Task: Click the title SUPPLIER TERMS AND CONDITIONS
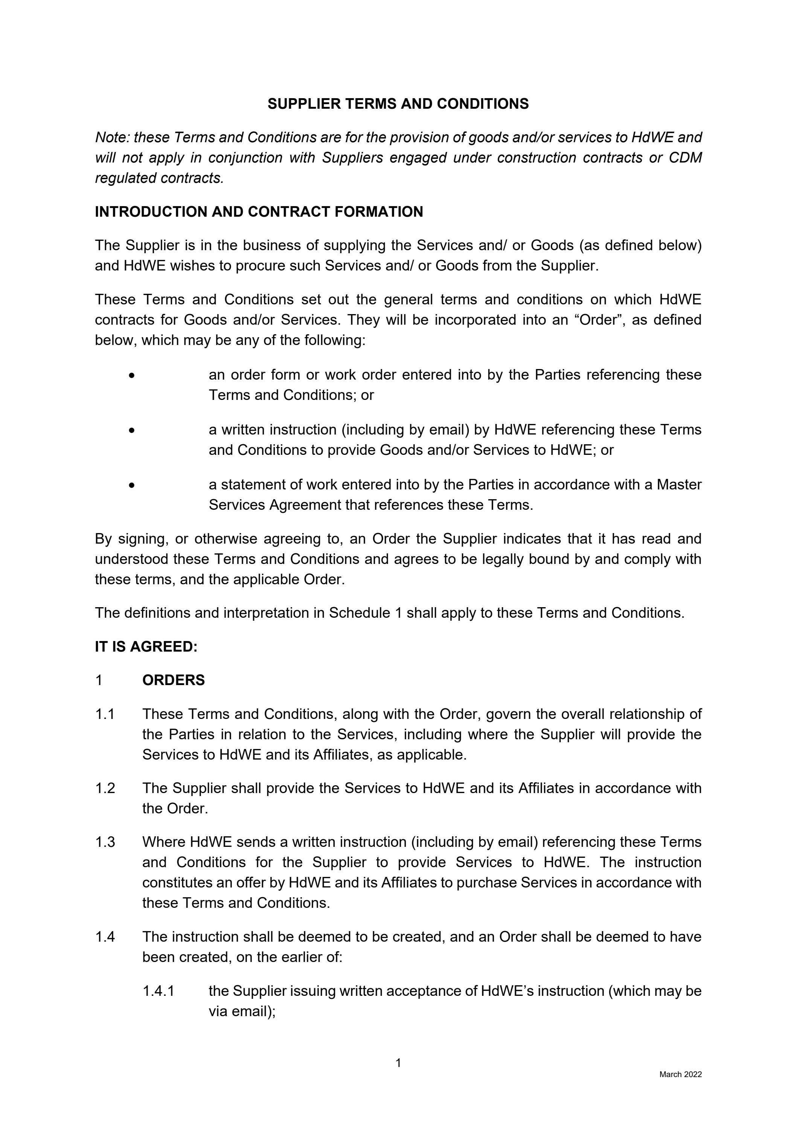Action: (398, 104)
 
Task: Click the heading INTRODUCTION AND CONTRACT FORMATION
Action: (259, 212)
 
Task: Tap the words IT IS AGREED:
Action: (146, 647)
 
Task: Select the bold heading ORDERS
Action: (173, 680)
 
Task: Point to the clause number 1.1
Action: (105, 714)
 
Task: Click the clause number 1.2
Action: (105, 788)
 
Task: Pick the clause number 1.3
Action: (105, 842)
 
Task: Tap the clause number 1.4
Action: (105, 937)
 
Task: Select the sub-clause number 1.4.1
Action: (158, 991)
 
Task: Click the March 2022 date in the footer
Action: (680, 1074)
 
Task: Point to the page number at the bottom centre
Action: (398, 1063)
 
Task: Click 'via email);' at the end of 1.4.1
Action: (242, 1011)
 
